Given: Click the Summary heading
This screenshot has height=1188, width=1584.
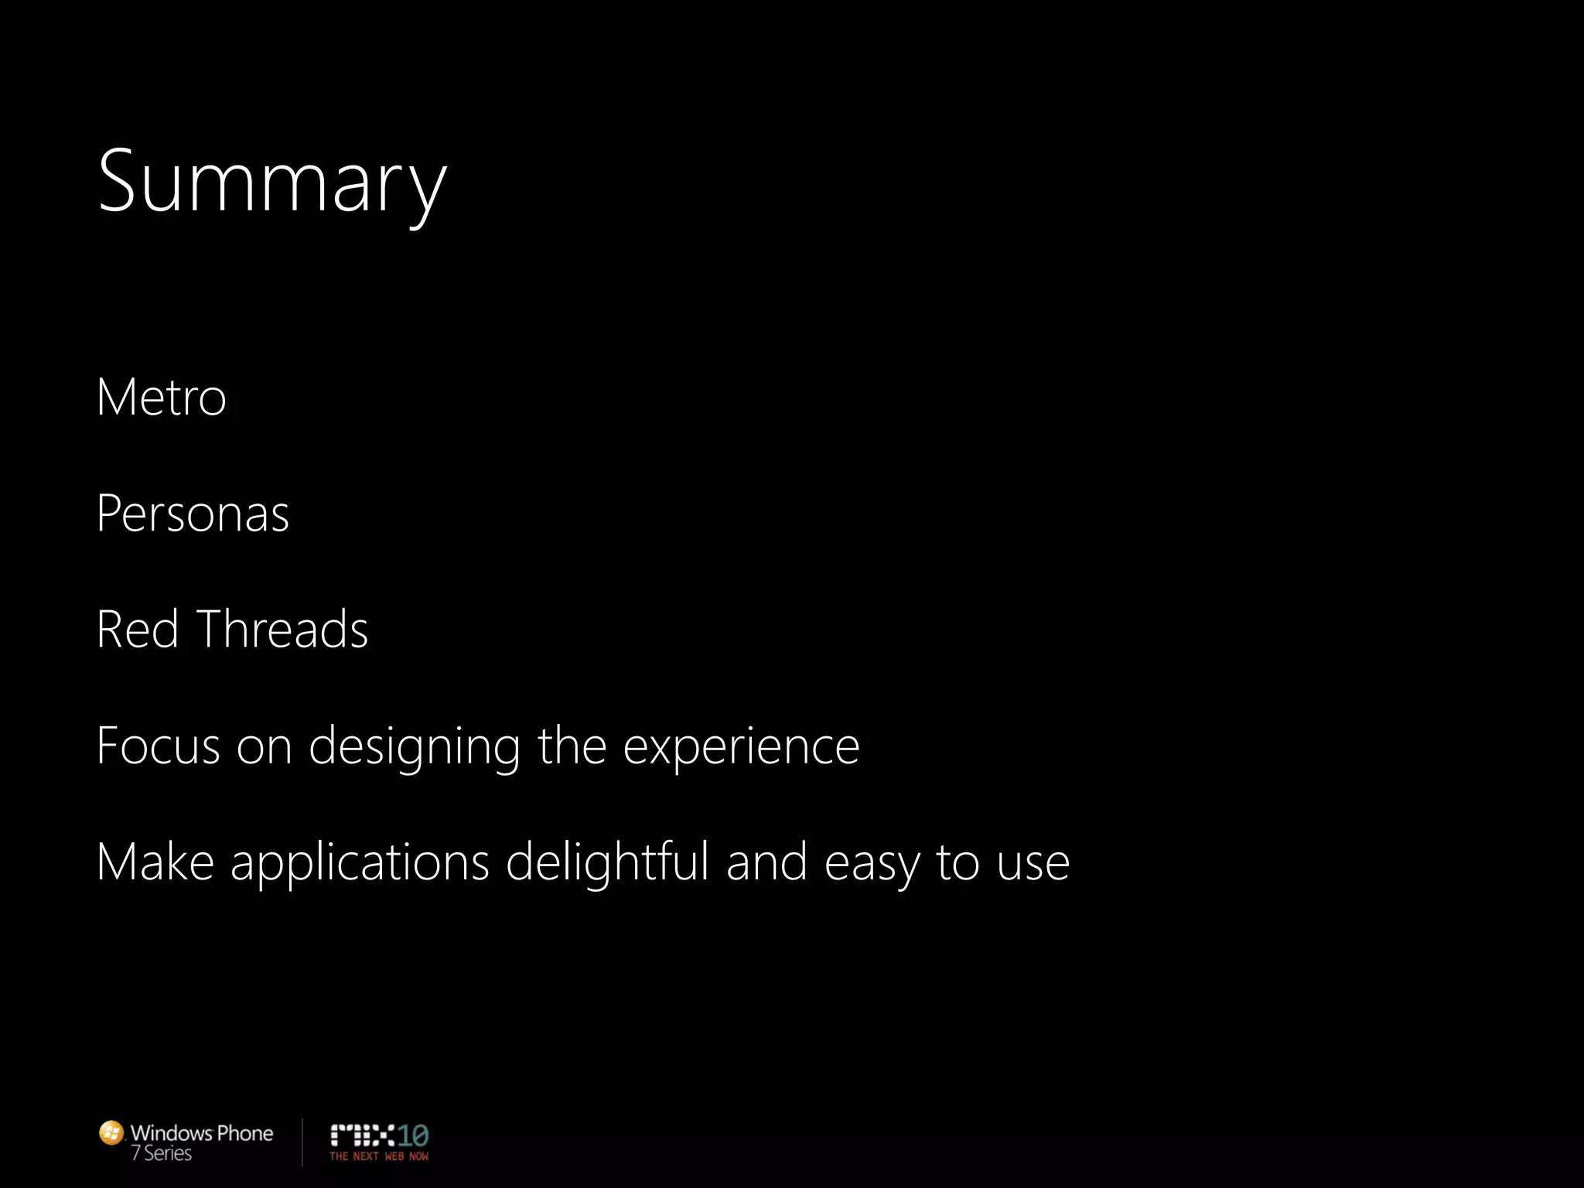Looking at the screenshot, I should point(271,183).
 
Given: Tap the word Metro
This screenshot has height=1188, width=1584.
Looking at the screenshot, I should point(161,398).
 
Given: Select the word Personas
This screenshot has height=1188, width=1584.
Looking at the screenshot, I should point(193,514).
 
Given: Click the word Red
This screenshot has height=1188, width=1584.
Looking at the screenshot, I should point(138,629).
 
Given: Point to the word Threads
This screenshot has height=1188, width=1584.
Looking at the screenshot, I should point(282,629).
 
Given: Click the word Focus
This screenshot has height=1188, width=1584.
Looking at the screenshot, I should point(158,746).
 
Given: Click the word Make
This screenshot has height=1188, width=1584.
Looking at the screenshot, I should point(155,862).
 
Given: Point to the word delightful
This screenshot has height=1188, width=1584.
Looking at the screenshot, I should point(607,862).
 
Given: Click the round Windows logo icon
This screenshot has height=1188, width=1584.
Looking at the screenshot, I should point(111,1133).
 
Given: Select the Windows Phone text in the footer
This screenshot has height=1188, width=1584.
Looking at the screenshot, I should point(202,1133).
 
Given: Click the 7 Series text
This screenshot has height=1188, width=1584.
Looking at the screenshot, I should point(162,1153).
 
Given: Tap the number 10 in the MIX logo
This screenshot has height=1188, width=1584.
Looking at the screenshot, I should point(413,1135).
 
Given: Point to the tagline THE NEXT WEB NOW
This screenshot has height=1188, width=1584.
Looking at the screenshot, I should point(379,1156).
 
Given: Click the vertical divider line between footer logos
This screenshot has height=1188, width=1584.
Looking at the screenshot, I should point(302,1142).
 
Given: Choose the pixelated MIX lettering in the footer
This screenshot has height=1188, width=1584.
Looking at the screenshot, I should point(363,1135).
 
